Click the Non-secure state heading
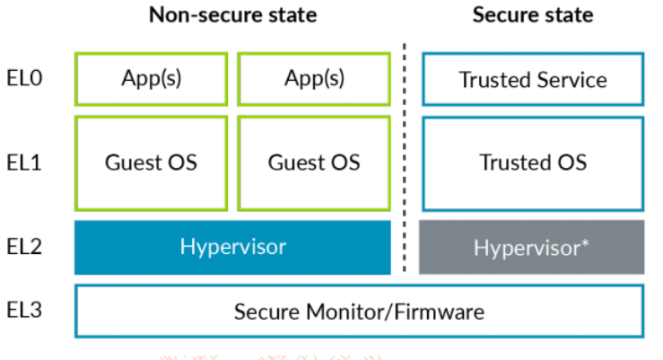[x=232, y=15]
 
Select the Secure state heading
[x=532, y=15]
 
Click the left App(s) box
[x=152, y=79]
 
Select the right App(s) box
[x=314, y=79]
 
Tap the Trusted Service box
[x=532, y=79]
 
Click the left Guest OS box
[x=152, y=162]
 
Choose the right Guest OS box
[x=314, y=162]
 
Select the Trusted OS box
[x=532, y=162]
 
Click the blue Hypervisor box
[x=232, y=247]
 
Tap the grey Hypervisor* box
[x=531, y=247]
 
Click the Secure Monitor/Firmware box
[x=359, y=312]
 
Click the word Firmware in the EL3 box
[x=441, y=312]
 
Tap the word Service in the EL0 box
[x=572, y=79]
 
